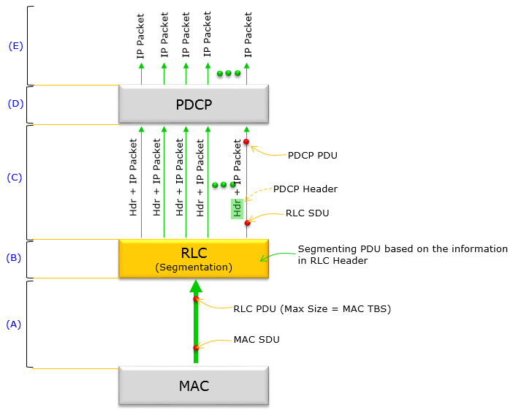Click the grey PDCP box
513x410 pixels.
point(194,104)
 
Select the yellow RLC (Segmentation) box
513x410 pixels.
point(194,259)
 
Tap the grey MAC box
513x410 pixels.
point(194,386)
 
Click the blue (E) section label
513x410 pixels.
point(15,46)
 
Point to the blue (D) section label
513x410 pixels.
point(15,104)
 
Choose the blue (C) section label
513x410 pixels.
point(15,178)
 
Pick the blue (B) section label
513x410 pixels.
point(14,258)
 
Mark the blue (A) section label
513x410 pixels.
point(14,324)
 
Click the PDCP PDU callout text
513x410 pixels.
point(313,156)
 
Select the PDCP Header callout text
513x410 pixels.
point(305,189)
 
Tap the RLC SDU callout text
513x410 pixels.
point(307,213)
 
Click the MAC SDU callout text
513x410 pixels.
point(256,340)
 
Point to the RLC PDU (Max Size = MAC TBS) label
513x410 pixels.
point(312,309)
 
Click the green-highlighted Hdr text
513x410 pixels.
point(237,209)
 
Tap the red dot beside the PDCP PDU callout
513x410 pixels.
point(246,142)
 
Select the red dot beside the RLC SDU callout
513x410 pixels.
point(247,223)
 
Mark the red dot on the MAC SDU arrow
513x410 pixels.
point(196,347)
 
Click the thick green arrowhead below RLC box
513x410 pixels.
point(196,286)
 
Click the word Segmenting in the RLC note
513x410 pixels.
point(327,249)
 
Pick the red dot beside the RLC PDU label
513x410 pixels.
point(196,299)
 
